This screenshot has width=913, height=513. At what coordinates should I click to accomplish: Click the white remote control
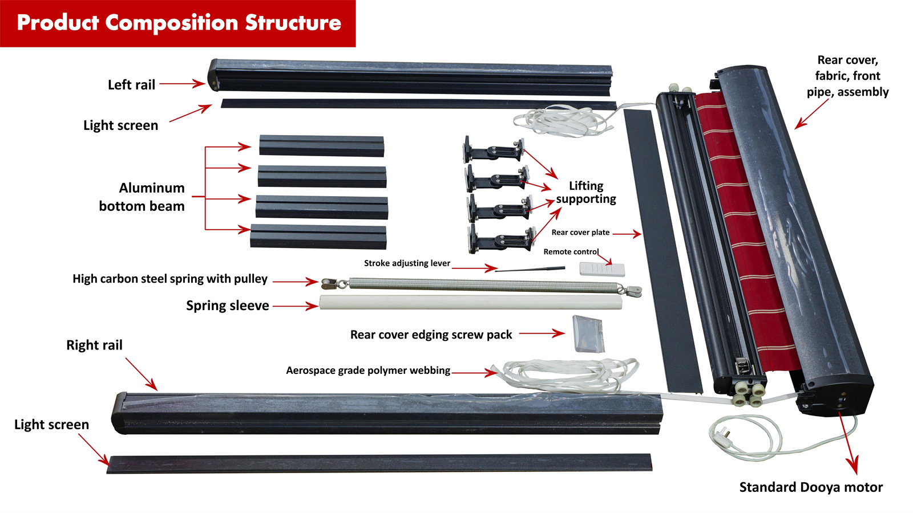pyautogui.click(x=602, y=269)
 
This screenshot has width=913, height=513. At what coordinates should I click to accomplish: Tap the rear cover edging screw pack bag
pyautogui.click(x=588, y=333)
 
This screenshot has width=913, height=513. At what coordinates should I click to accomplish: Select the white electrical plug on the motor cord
pyautogui.click(x=720, y=435)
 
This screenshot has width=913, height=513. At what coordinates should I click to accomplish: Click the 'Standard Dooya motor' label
pyautogui.click(x=810, y=487)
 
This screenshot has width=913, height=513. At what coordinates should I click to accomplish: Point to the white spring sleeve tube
pyautogui.click(x=471, y=302)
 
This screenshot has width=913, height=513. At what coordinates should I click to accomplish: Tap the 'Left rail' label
pyautogui.click(x=131, y=85)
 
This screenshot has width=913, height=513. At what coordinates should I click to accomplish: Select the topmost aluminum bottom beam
pyautogui.click(x=321, y=145)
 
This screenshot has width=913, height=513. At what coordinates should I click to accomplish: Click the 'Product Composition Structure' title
pyautogui.click(x=179, y=23)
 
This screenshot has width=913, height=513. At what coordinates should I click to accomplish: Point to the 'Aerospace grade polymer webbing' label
pyautogui.click(x=368, y=370)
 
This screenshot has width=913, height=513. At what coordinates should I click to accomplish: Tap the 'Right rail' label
pyautogui.click(x=94, y=345)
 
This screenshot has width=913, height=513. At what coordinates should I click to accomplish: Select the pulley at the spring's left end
pyautogui.click(x=328, y=283)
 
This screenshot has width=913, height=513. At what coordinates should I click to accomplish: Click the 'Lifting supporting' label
pyautogui.click(x=586, y=192)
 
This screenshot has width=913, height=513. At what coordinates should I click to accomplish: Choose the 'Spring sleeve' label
pyautogui.click(x=227, y=306)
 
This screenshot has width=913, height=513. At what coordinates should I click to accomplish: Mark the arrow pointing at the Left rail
pyautogui.click(x=181, y=84)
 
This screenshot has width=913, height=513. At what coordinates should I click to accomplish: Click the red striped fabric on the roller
pyautogui.click(x=742, y=228)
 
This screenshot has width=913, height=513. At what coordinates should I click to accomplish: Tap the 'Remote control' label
pyautogui.click(x=571, y=251)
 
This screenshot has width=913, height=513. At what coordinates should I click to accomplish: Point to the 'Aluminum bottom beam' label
pyautogui.click(x=142, y=197)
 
